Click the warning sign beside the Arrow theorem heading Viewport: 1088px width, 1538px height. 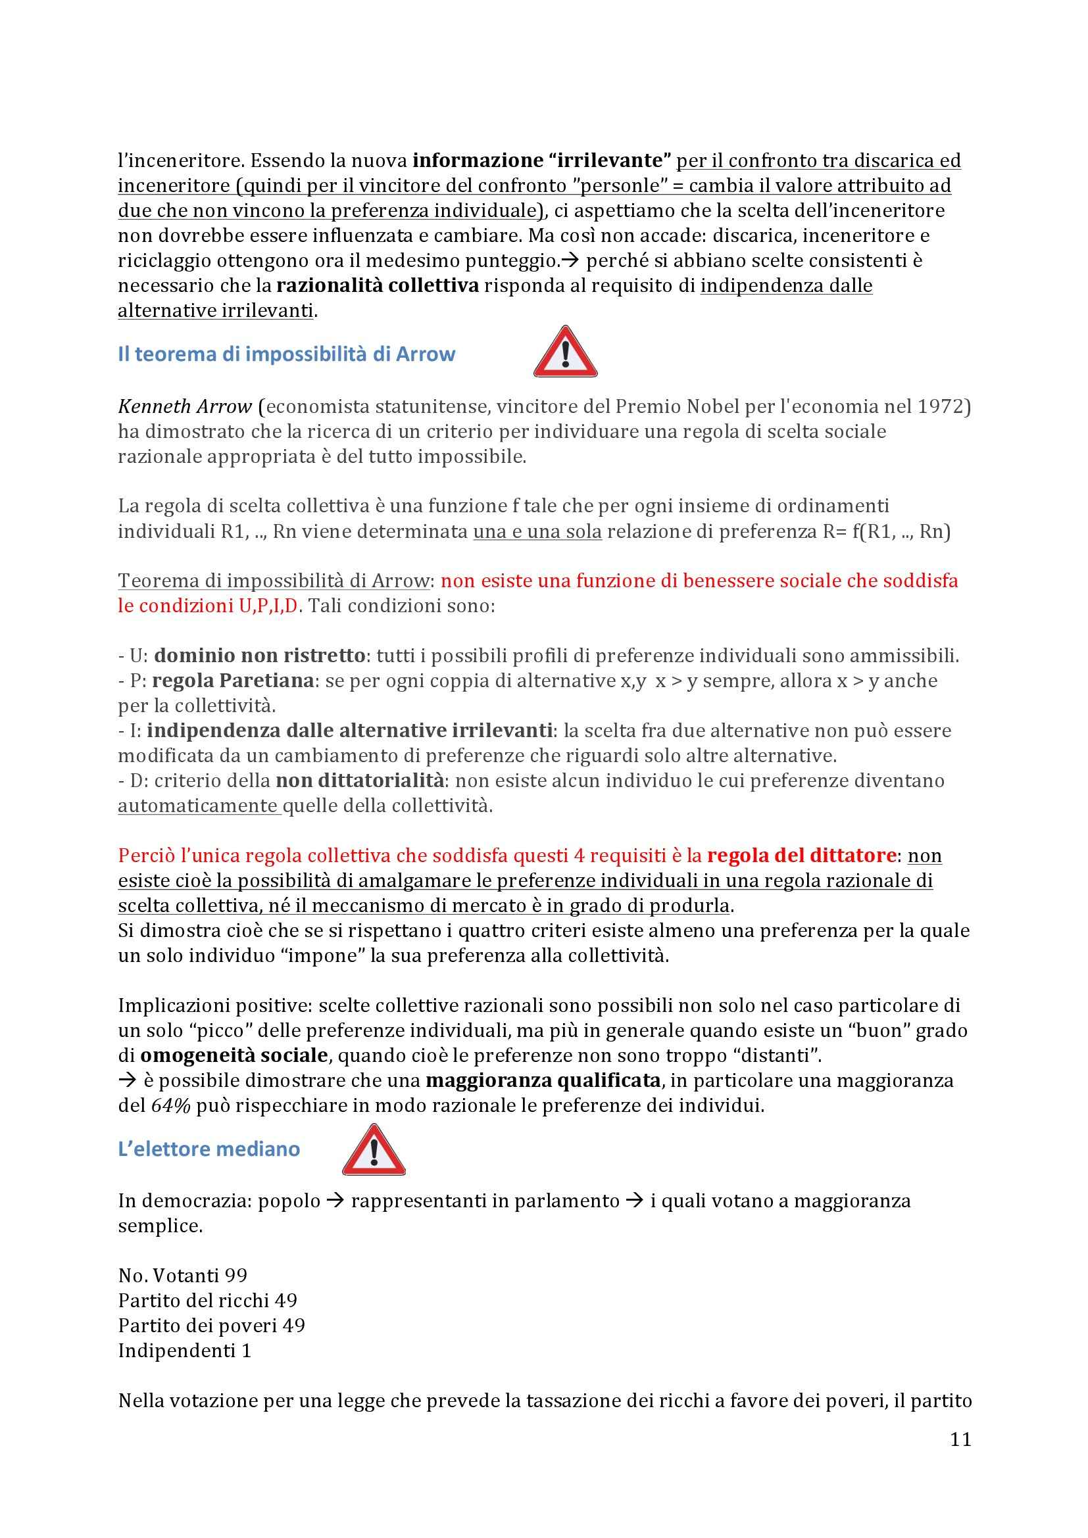pos(565,352)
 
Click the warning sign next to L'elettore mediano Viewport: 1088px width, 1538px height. pos(373,1149)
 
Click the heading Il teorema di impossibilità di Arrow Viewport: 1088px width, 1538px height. pos(286,354)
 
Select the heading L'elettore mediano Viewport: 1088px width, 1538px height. pos(209,1149)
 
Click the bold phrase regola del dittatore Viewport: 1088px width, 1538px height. pos(801,855)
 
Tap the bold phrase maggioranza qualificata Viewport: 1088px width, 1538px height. pos(543,1080)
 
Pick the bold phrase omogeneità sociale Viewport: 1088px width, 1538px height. pos(234,1056)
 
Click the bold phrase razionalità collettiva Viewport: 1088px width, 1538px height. pos(377,286)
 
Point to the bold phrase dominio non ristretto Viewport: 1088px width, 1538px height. pos(260,655)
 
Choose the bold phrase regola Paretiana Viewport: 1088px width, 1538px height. pos(233,681)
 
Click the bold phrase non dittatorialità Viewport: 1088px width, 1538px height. pos(360,781)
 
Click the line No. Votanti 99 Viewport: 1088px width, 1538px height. pos(182,1276)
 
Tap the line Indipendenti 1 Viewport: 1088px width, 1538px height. pos(184,1351)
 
